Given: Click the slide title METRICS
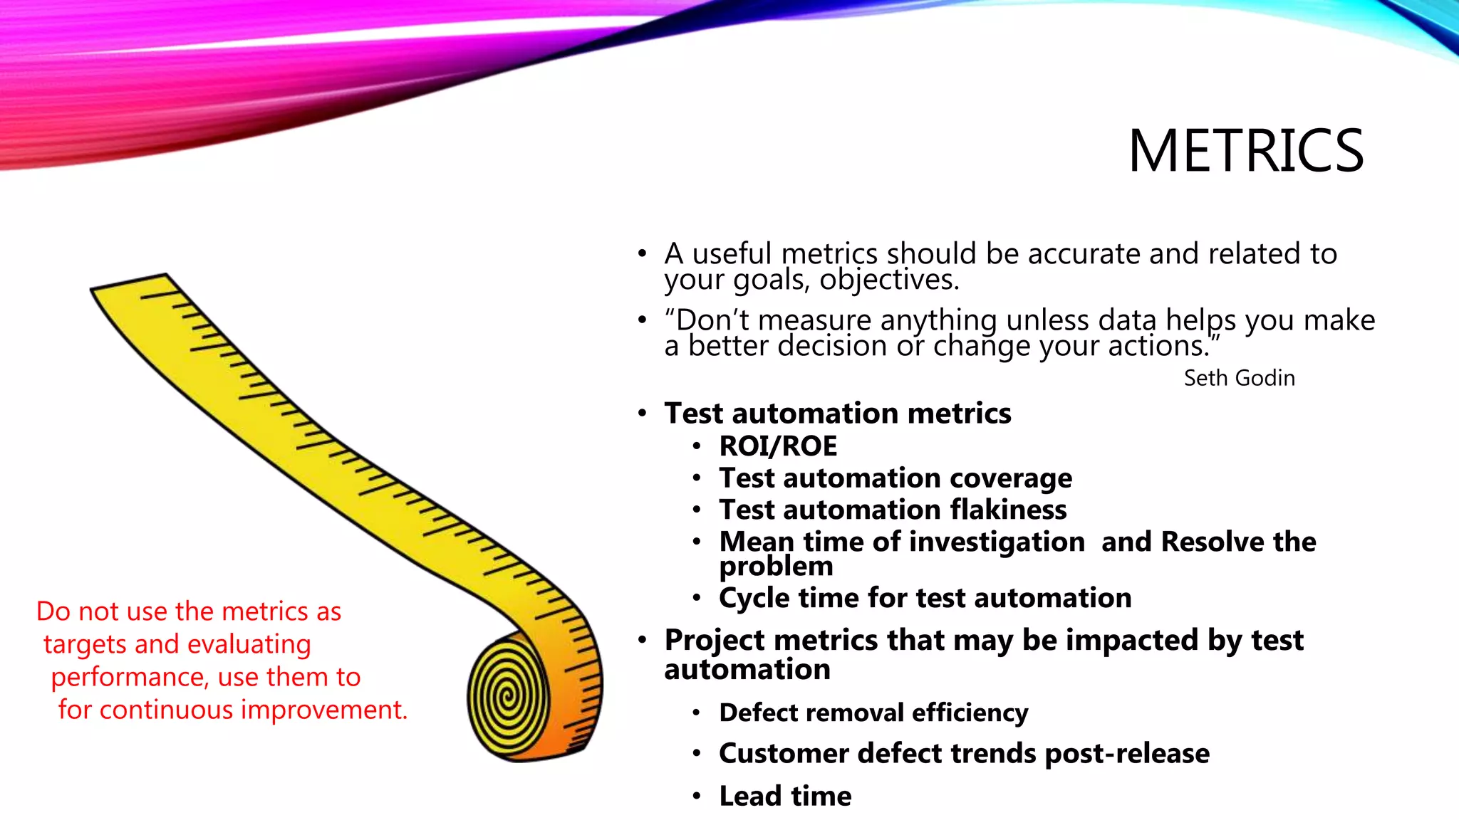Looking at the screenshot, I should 1245,151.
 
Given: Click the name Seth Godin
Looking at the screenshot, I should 1239,378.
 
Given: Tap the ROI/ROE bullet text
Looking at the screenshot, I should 778,446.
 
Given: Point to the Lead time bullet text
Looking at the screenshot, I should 785,796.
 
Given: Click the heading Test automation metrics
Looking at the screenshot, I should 837,414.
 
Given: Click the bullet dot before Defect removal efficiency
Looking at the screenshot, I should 697,713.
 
